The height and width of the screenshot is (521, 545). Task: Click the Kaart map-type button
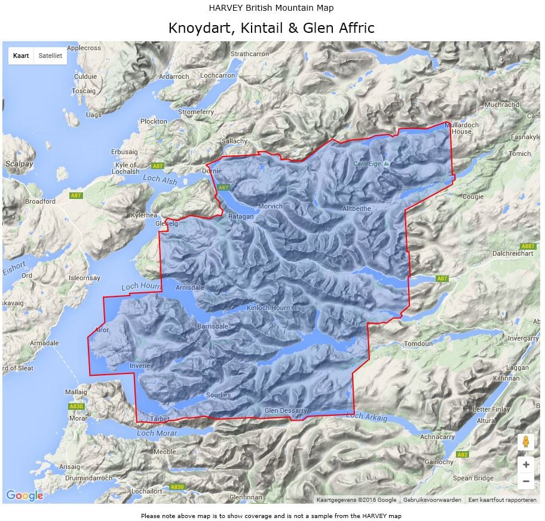click(21, 56)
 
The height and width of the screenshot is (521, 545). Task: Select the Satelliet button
click(50, 56)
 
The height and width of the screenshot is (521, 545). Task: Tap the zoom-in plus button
click(525, 464)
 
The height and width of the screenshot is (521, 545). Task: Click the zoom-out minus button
click(525, 481)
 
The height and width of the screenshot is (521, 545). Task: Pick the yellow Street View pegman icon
click(525, 442)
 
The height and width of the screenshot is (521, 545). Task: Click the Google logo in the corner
click(25, 495)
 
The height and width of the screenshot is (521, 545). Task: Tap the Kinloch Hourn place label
click(268, 308)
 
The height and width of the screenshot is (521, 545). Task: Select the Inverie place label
click(139, 365)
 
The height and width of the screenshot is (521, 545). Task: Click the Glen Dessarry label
click(286, 410)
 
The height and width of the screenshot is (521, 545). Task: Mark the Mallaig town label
click(76, 392)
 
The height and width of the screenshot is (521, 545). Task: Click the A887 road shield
click(528, 246)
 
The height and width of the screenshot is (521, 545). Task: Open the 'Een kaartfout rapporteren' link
click(502, 500)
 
